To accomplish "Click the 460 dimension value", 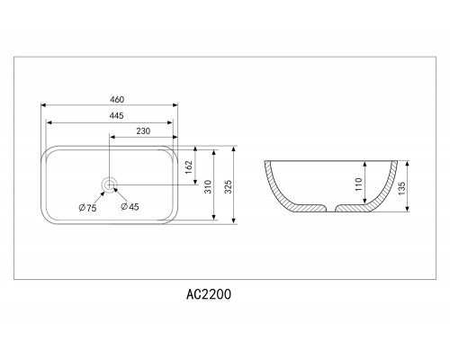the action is [117, 99].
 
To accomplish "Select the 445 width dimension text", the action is [117, 115].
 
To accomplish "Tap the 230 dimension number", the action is [143, 131].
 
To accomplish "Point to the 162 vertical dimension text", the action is [189, 167].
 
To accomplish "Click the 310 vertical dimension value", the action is [208, 186].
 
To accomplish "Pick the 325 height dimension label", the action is [229, 186].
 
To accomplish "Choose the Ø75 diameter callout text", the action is [87, 208].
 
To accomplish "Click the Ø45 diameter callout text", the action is [130, 207].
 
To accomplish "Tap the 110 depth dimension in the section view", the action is [359, 184].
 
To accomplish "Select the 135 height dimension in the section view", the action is [402, 188].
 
